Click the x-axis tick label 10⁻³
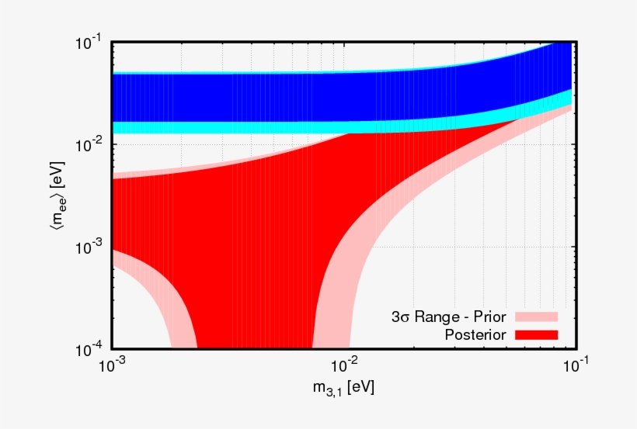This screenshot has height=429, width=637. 113,365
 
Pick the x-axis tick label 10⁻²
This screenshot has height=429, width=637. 343,365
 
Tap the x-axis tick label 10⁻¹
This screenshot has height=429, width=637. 573,365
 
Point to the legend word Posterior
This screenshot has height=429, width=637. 475,334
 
